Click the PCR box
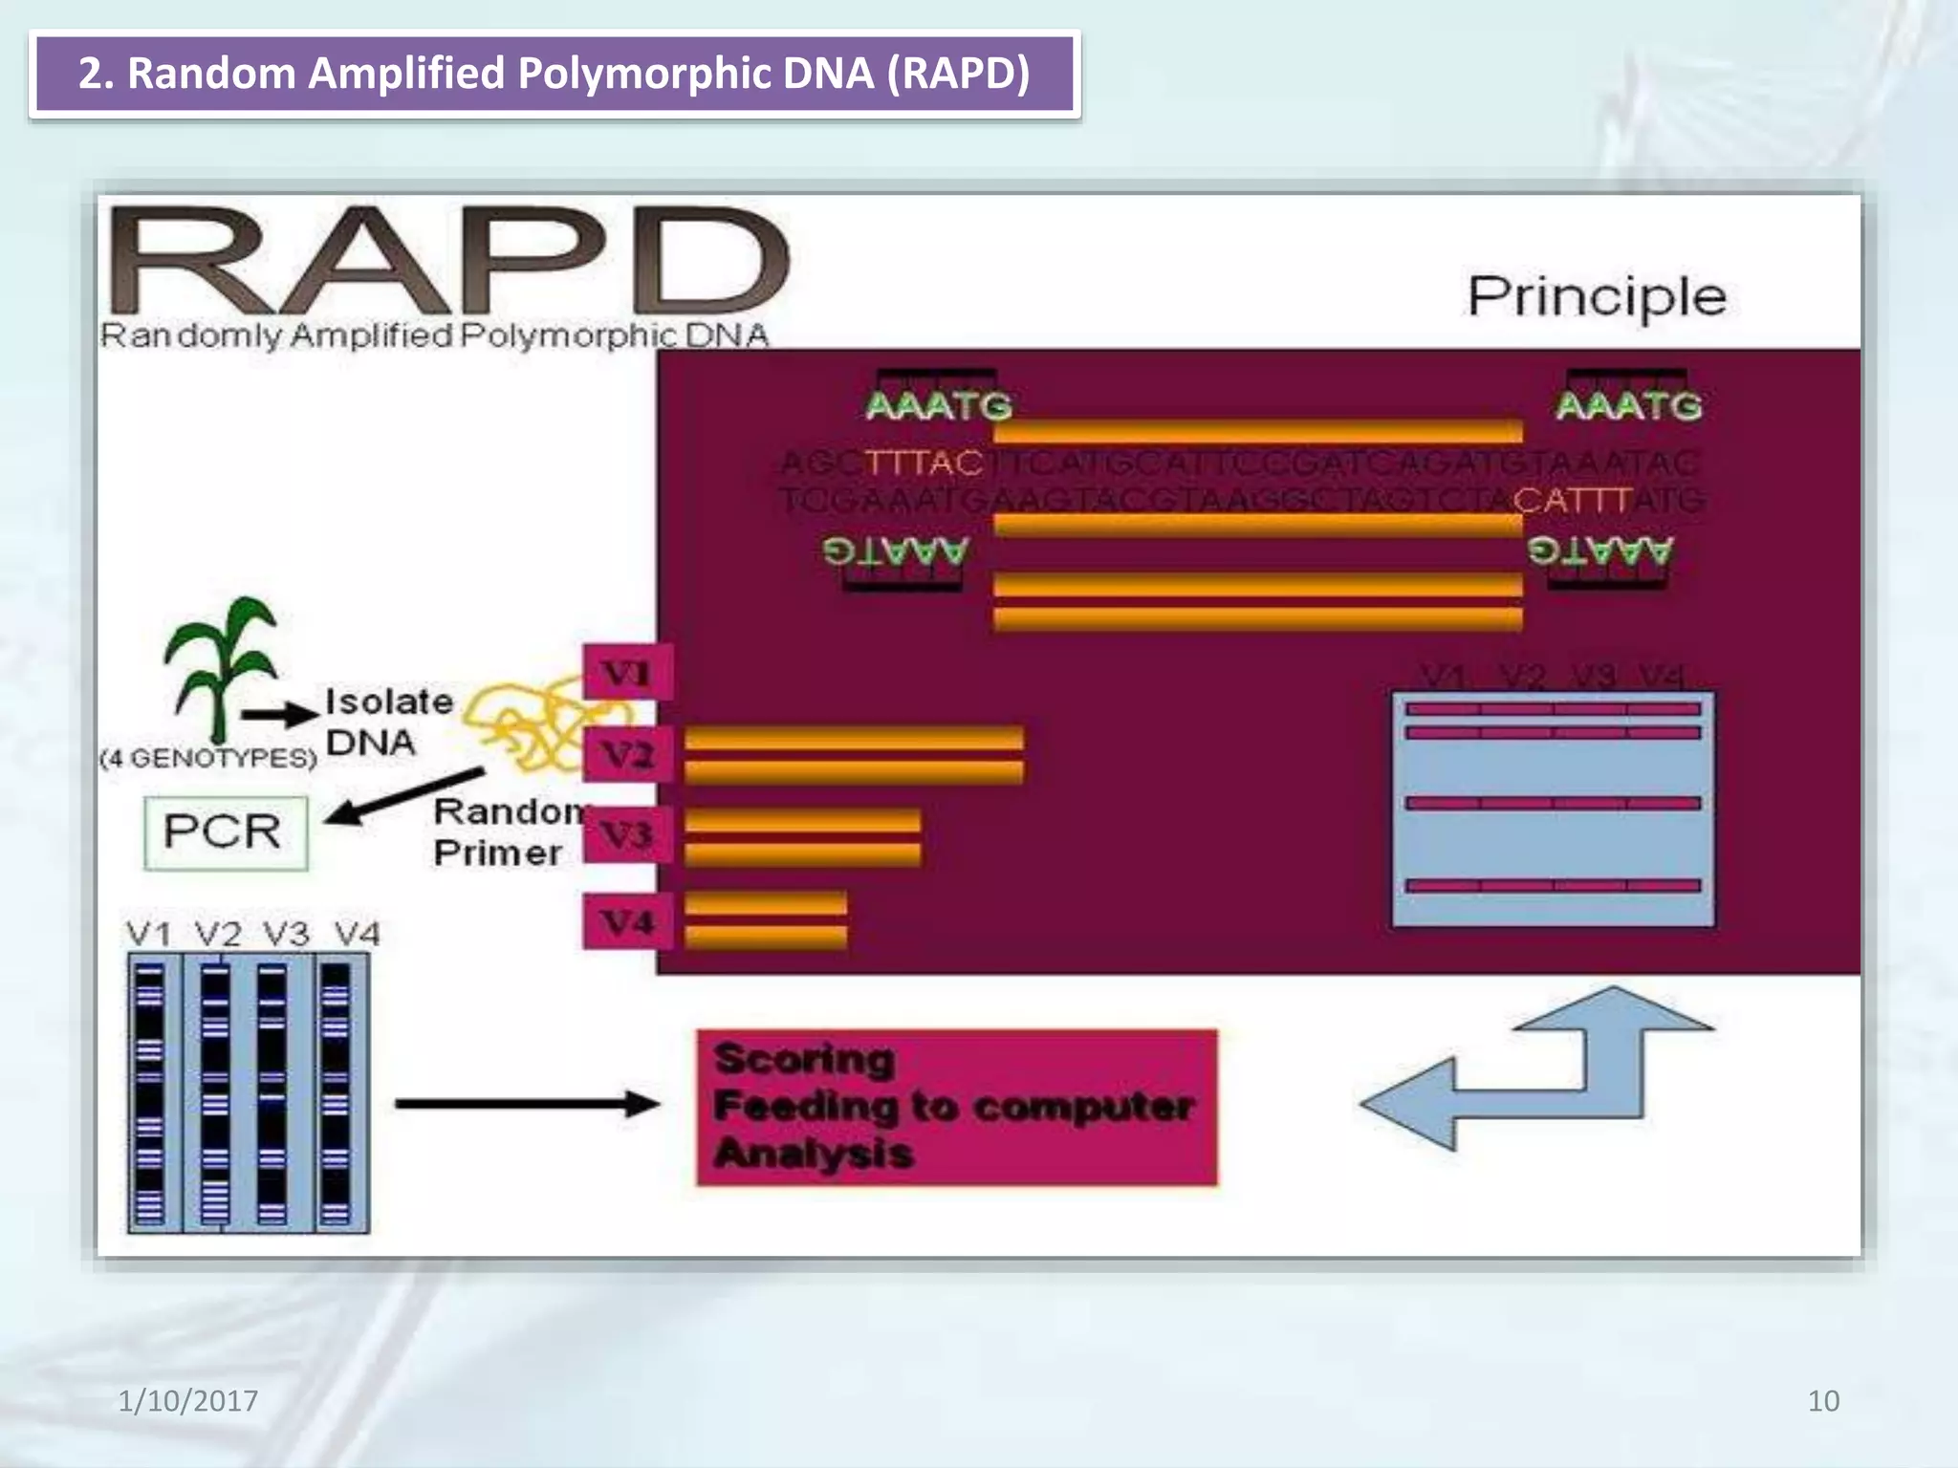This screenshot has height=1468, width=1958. pyautogui.click(x=226, y=832)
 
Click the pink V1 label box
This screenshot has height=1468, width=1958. pyautogui.click(x=627, y=673)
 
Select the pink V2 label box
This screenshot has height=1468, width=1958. pyautogui.click(x=627, y=755)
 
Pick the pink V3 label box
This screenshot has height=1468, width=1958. pyautogui.click(x=627, y=834)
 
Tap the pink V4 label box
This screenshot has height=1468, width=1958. pyautogui.click(x=627, y=921)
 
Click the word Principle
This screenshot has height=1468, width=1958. pyautogui.click(x=1596, y=297)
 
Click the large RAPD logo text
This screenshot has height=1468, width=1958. pyautogui.click(x=449, y=260)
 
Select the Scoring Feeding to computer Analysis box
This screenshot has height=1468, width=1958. pyautogui.click(x=956, y=1107)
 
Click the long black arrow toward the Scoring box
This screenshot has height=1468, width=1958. pyautogui.click(x=526, y=1104)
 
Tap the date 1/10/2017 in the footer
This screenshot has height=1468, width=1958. pyautogui.click(x=187, y=1400)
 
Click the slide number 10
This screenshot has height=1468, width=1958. pyautogui.click(x=1822, y=1400)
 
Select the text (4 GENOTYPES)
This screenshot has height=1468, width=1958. pyautogui.click(x=207, y=758)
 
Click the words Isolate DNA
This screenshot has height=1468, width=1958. pyautogui.click(x=387, y=722)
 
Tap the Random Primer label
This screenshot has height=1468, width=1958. pyautogui.click(x=507, y=831)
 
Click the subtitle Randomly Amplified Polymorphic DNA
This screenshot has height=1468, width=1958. pyautogui.click(x=434, y=335)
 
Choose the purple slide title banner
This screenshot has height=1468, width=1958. pyautogui.click(x=555, y=74)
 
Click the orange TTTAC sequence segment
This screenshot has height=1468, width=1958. pyautogui.click(x=924, y=463)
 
